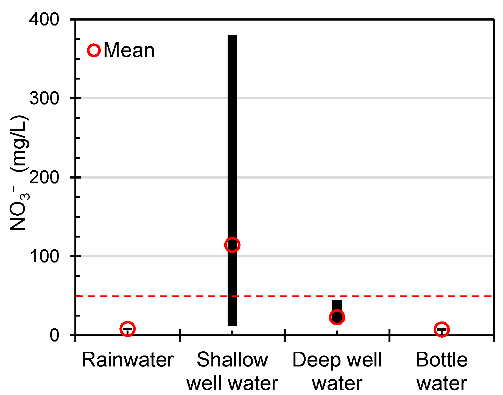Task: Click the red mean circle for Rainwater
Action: [127, 329]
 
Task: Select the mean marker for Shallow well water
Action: [232, 245]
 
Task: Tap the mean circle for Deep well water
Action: [337, 317]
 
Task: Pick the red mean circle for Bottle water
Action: [441, 329]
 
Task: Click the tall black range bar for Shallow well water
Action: [232, 137]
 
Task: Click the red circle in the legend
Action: [94, 50]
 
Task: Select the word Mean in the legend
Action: [129, 50]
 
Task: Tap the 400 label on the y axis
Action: [44, 20]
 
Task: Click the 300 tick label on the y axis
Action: [44, 98]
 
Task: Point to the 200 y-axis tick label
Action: [44, 177]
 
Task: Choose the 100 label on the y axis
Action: [44, 256]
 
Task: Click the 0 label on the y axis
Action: [54, 335]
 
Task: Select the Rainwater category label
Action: [128, 360]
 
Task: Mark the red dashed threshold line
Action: [275, 297]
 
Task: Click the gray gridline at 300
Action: [357, 98]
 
